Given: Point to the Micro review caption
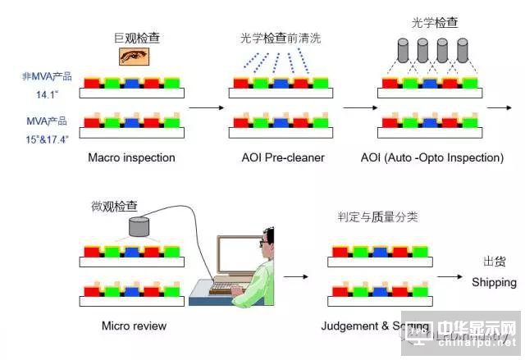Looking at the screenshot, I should click(134, 326).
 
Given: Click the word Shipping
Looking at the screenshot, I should click(494, 282).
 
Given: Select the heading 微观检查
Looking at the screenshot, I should click(115, 207).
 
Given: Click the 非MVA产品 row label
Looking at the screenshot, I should click(46, 76).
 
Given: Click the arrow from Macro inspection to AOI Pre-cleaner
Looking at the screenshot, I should click(210, 107).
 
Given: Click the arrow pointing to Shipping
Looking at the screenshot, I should click(452, 276).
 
